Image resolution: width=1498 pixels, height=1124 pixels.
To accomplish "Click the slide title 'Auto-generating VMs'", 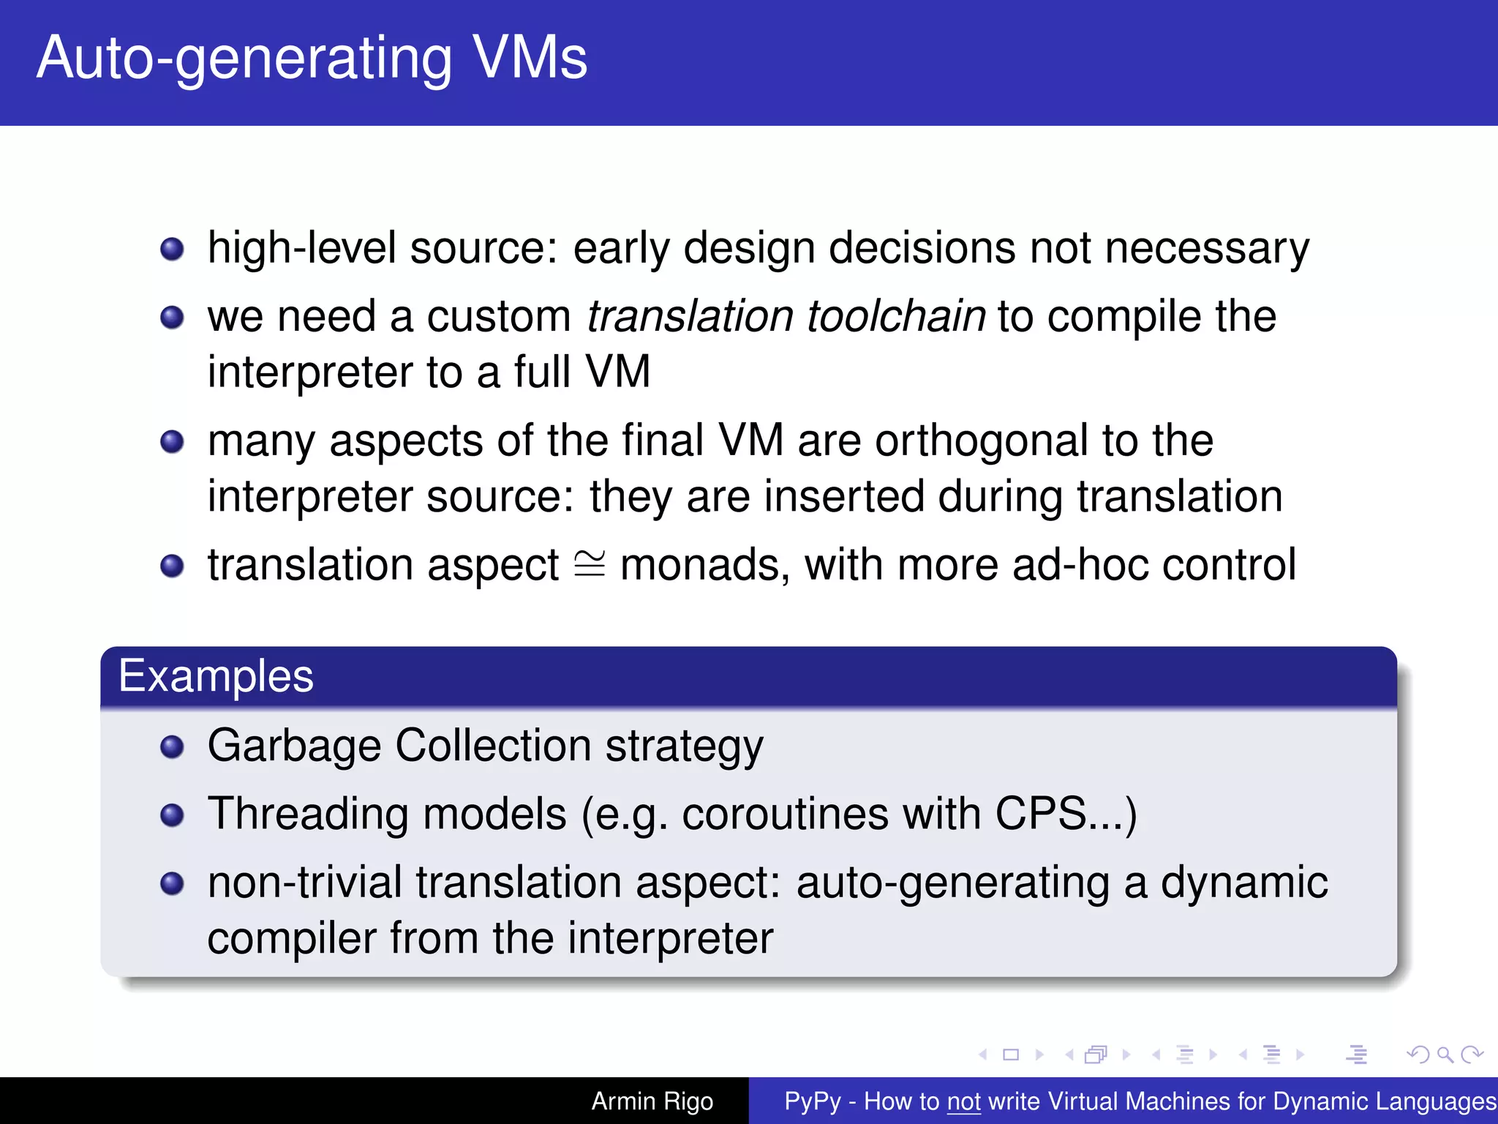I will (312, 59).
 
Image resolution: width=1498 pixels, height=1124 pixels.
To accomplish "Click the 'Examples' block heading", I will (216, 675).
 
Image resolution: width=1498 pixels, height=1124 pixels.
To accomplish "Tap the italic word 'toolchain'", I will (896, 317).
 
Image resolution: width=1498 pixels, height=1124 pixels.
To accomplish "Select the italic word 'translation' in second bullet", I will (690, 317).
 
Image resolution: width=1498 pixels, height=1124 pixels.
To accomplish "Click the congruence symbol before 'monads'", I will (590, 564).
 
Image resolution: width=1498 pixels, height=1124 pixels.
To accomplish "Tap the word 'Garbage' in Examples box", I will (294, 746).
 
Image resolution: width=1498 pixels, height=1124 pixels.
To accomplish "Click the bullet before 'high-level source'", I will (172, 249).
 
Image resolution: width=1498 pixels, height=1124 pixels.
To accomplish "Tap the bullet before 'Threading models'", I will (172, 814).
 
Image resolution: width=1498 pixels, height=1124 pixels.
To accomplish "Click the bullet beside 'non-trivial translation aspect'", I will (172, 883).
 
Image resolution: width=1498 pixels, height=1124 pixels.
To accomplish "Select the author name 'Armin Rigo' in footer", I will (652, 1101).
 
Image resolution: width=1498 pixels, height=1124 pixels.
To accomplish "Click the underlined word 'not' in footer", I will (963, 1101).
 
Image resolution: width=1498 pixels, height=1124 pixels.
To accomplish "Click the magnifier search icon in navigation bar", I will (1445, 1054).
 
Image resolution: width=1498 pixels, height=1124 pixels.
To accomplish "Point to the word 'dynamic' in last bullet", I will (1243, 883).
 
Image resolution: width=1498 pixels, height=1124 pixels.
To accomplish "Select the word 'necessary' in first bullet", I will (1207, 249).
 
